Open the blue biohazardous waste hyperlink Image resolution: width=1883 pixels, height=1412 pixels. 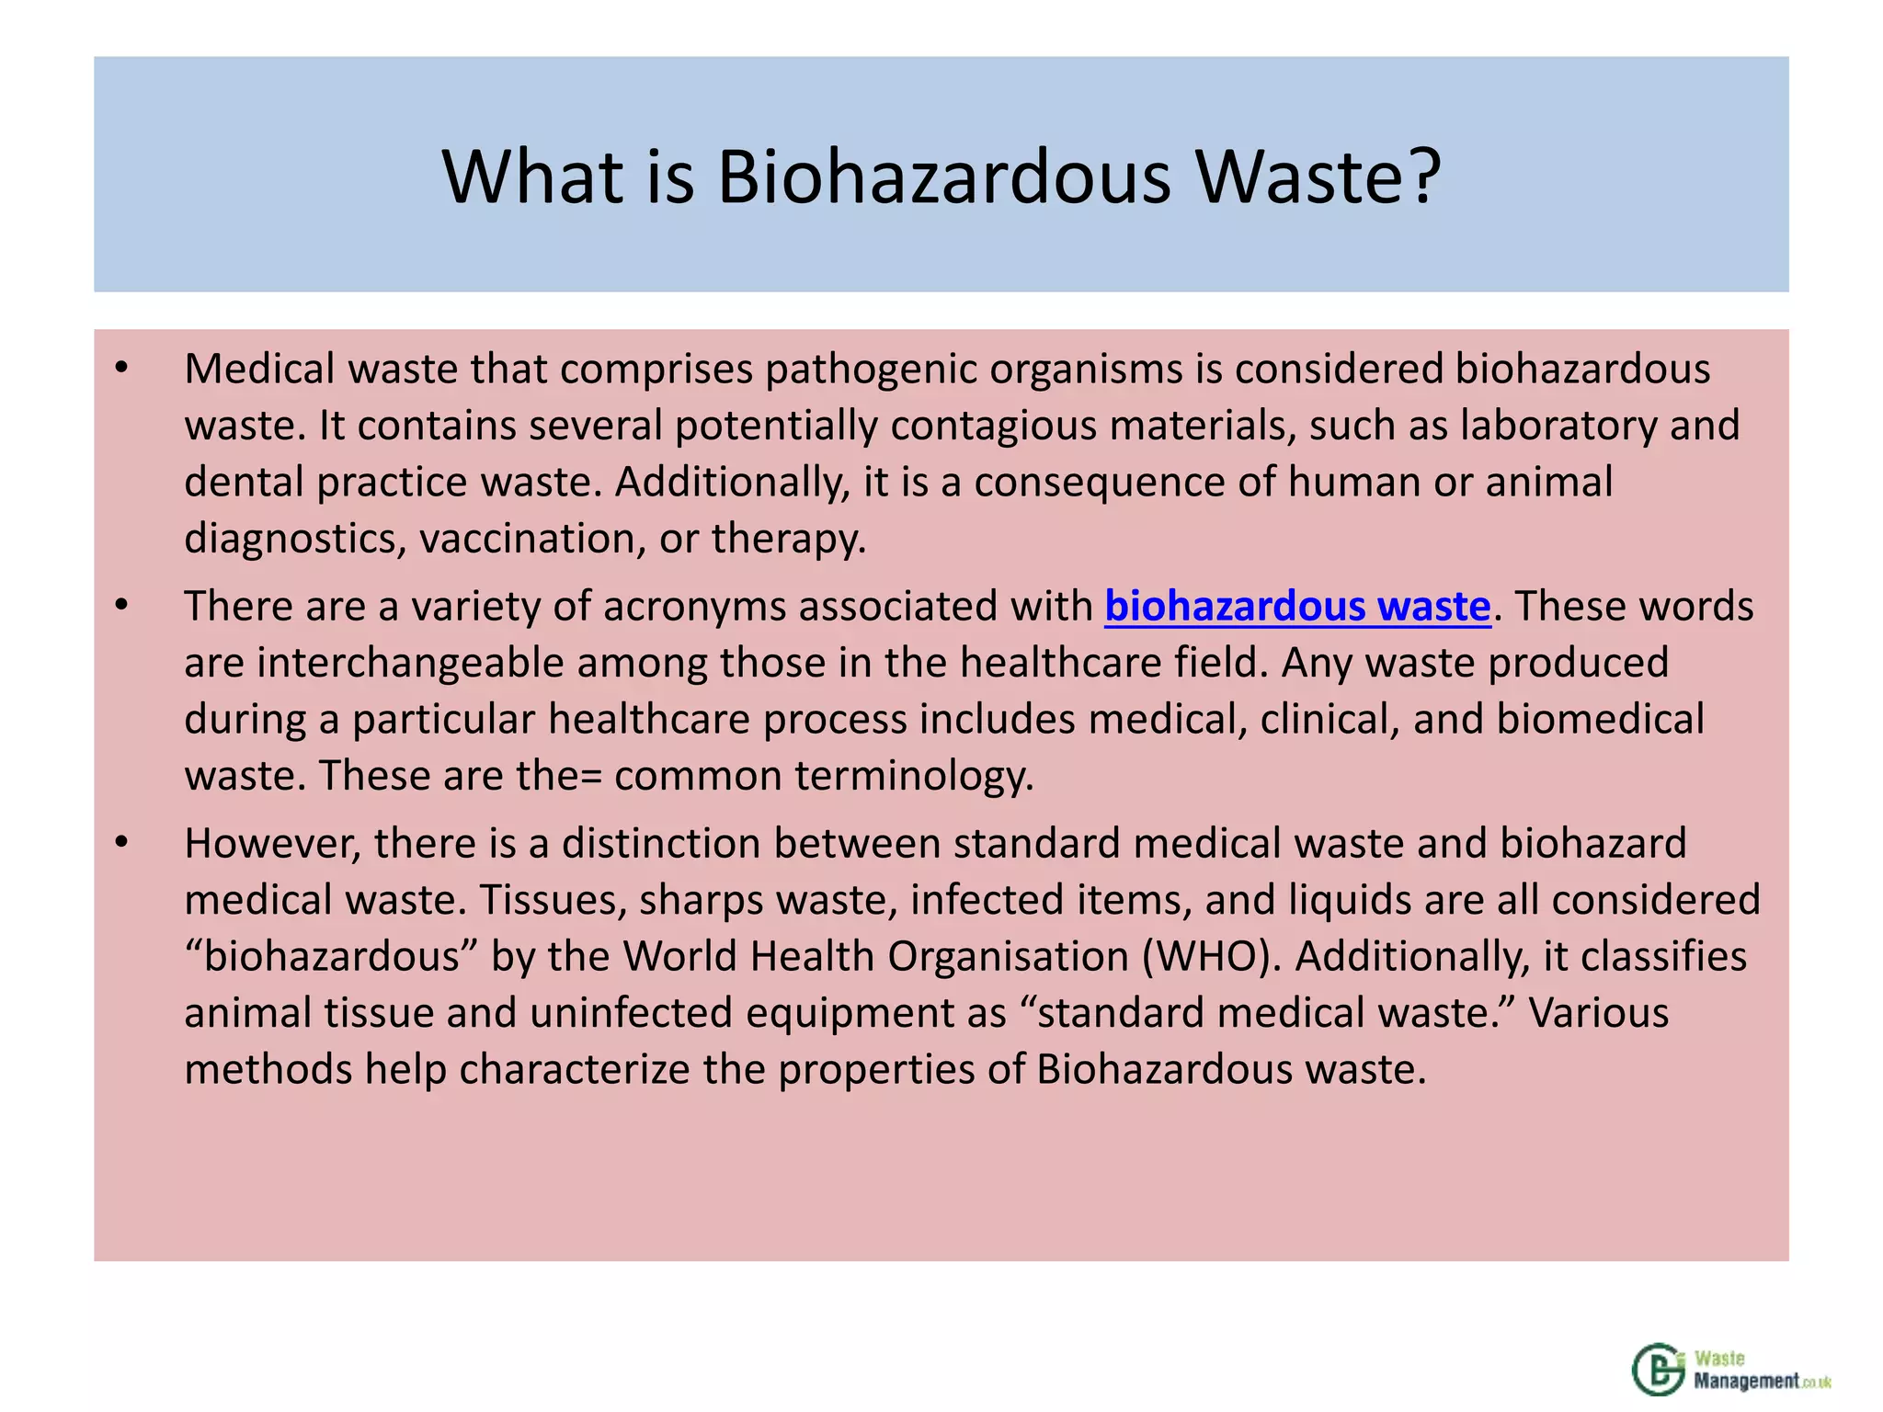tap(1296, 607)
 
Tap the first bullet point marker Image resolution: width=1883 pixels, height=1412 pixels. tap(121, 369)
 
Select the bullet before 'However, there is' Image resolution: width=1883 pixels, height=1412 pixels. tap(121, 843)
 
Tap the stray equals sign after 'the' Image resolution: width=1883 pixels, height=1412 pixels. tap(591, 777)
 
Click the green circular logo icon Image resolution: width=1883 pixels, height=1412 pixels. tap(1659, 1370)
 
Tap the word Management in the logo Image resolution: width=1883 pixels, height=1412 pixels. tap(1746, 1381)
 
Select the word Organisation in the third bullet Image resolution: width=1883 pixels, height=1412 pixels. tap(1008, 956)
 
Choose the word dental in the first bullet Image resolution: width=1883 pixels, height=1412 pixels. tap(244, 482)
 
